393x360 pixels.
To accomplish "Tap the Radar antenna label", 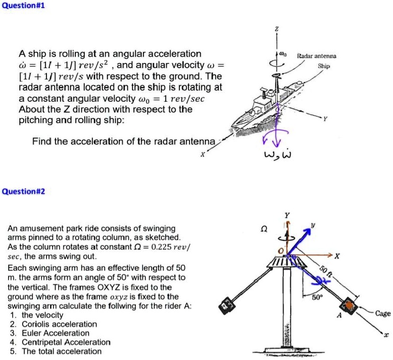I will coord(316,56).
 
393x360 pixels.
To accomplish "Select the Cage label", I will coord(382,313).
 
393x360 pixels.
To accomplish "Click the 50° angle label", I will coord(317,298).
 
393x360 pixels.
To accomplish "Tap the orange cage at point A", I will coord(350,306).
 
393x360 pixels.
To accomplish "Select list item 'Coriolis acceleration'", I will coord(59,324).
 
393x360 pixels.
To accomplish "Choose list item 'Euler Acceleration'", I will coord(55,333).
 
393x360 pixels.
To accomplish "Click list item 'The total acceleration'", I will coord(62,351).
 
